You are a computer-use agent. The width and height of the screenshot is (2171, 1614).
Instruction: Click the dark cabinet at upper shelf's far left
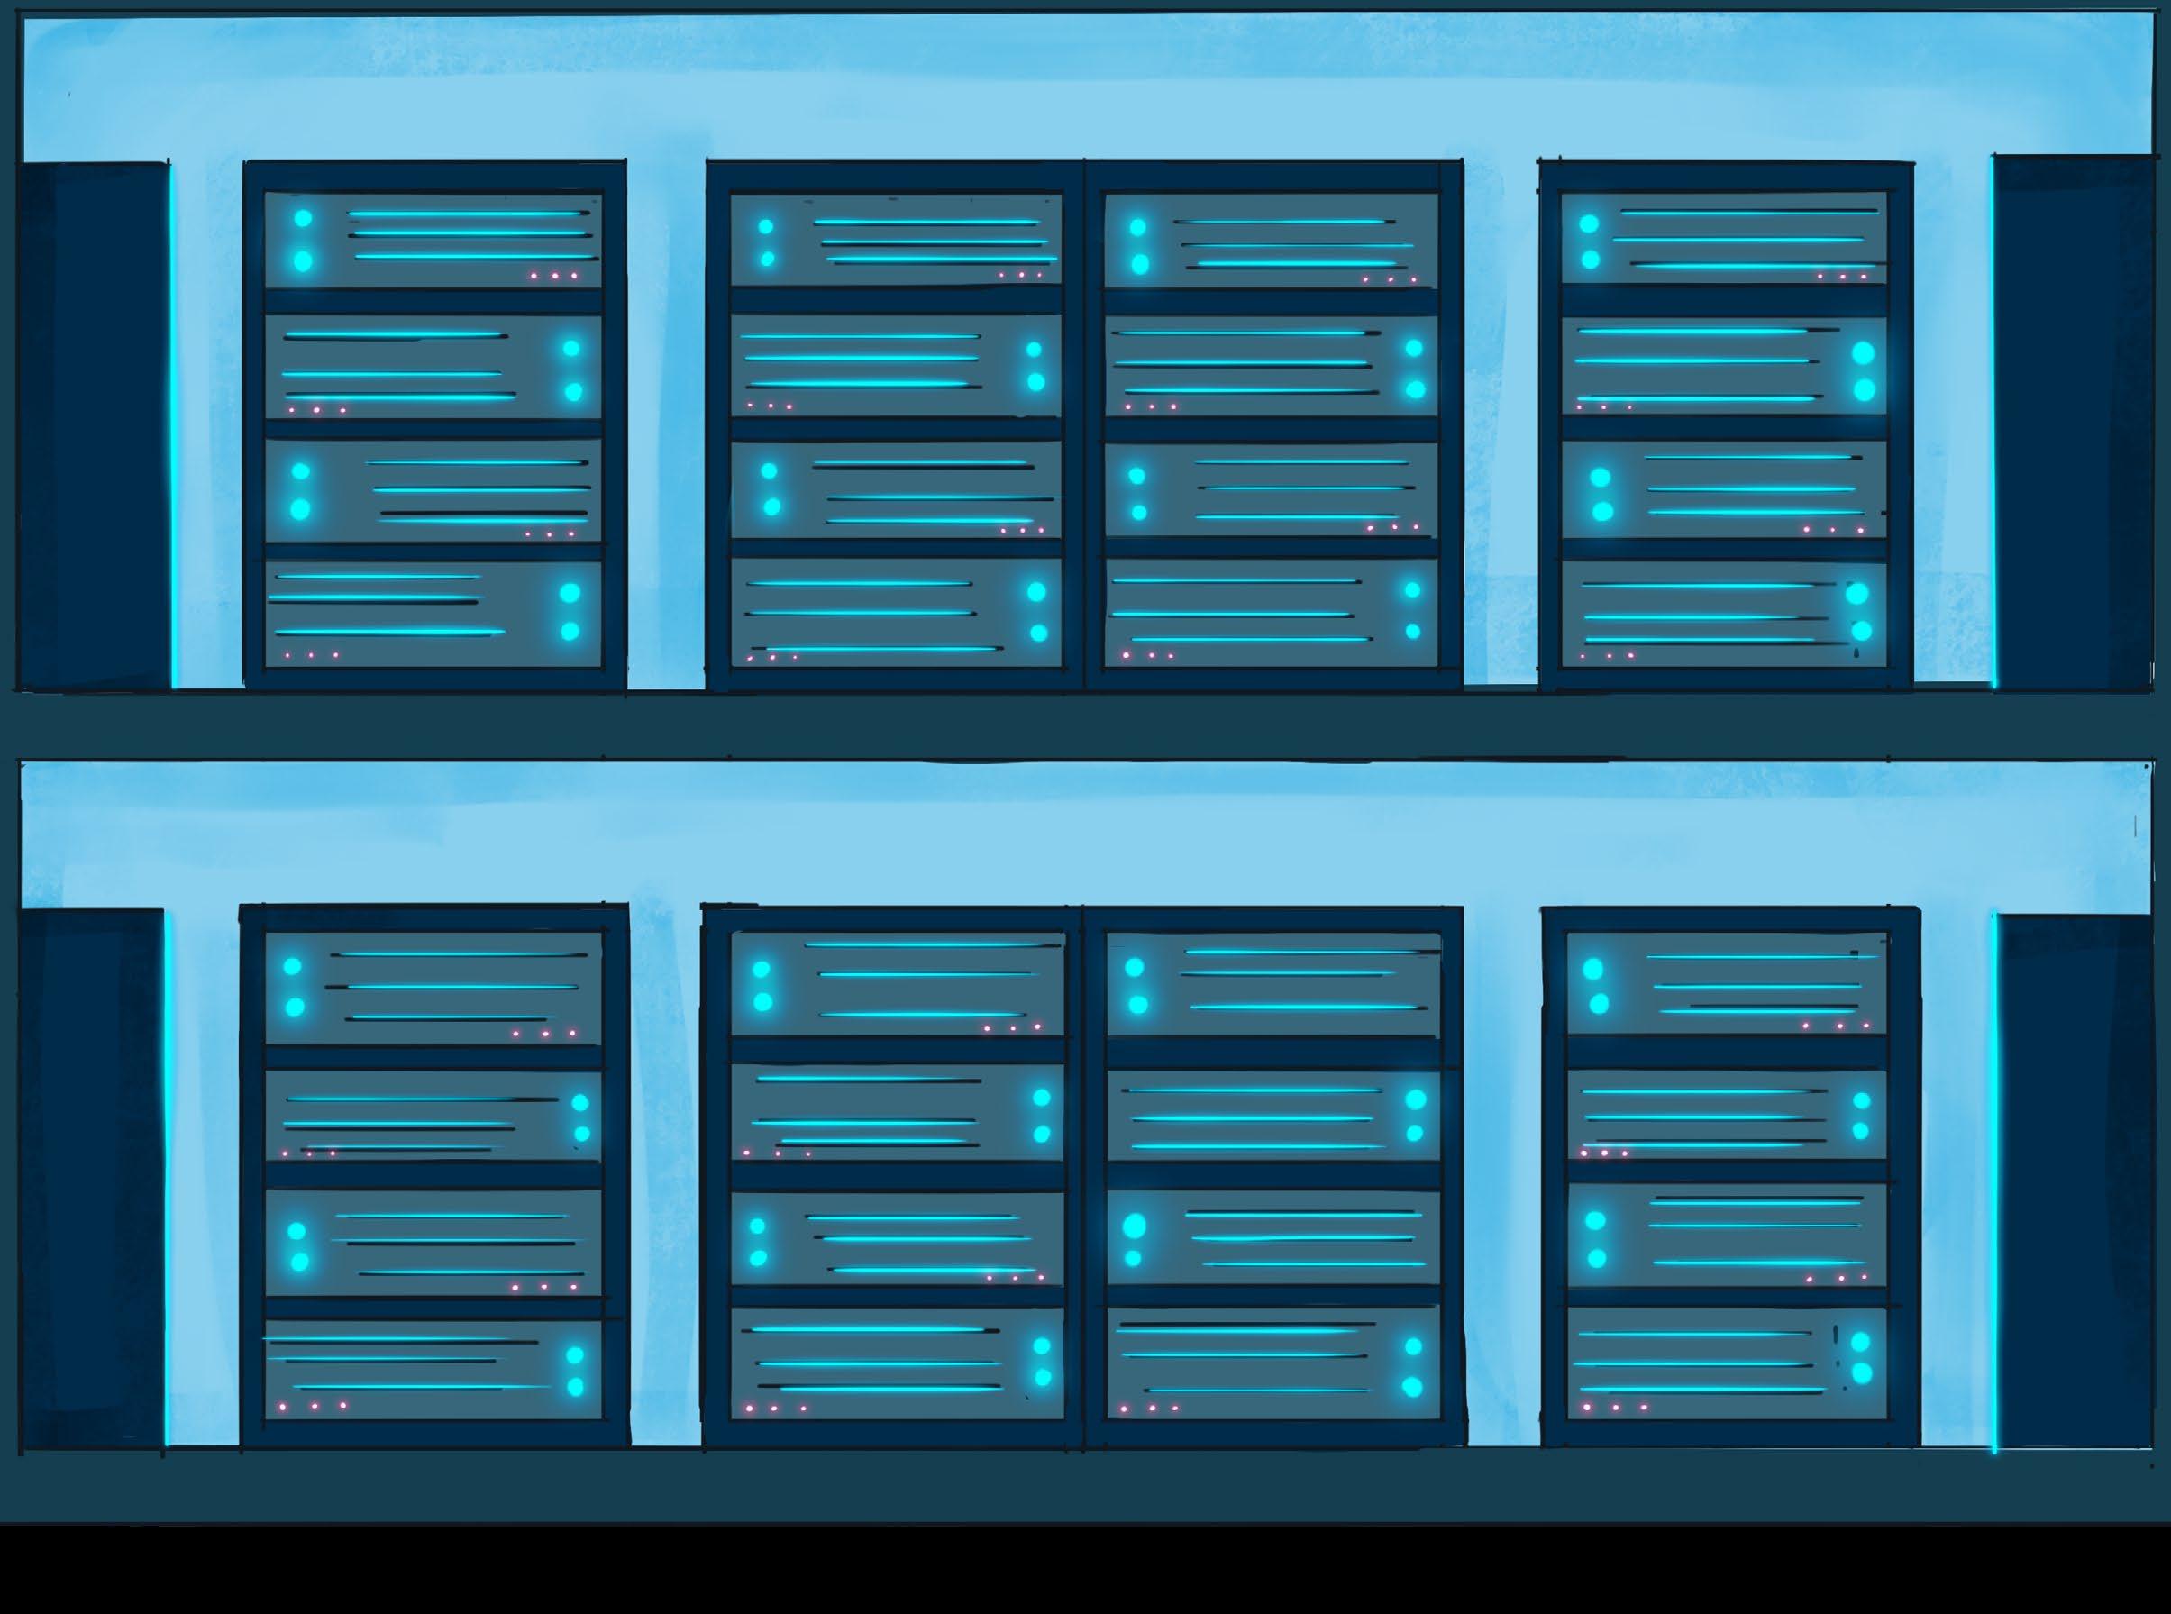[93, 425]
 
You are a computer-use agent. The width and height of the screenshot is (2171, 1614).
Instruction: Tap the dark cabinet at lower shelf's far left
[90, 1177]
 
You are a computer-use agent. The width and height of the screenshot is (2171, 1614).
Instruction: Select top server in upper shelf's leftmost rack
[433, 241]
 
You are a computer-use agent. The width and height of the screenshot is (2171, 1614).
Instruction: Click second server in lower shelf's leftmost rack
[433, 1114]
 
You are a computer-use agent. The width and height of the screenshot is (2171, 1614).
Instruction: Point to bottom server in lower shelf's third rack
[1272, 1363]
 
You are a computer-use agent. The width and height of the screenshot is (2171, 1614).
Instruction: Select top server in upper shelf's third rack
[1270, 241]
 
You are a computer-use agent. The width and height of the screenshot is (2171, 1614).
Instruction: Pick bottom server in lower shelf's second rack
[896, 1363]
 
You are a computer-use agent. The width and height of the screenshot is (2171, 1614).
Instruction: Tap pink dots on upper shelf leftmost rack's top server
[554, 277]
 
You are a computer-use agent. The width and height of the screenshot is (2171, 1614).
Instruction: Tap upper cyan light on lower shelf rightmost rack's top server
[1592, 968]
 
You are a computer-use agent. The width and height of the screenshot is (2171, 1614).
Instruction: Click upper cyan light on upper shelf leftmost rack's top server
[303, 218]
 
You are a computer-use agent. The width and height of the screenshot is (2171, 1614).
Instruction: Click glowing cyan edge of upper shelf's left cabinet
[173, 425]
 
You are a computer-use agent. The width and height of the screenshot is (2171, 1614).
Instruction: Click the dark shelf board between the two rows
[1084, 725]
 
